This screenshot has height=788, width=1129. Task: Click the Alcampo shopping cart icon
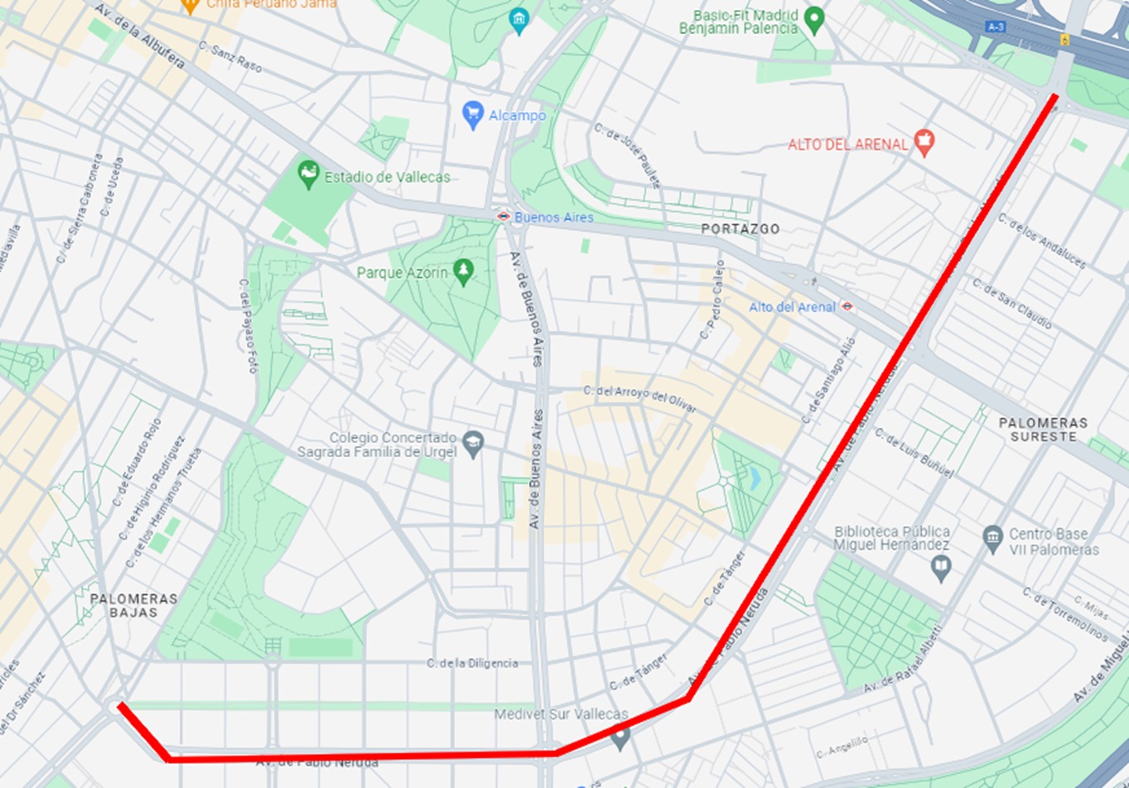click(x=473, y=115)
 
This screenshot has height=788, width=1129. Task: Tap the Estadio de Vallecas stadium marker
click(x=308, y=175)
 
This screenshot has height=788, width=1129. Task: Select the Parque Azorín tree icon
click(x=464, y=271)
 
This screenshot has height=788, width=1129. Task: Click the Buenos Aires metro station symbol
click(x=503, y=217)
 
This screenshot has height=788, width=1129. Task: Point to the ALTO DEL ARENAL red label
click(x=847, y=145)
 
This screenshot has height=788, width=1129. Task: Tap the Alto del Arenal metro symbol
click(x=847, y=306)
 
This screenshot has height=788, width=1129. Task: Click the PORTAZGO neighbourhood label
click(x=740, y=229)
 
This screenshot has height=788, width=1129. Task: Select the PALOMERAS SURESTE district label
click(x=1043, y=429)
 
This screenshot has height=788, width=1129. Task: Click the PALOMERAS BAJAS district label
click(x=133, y=605)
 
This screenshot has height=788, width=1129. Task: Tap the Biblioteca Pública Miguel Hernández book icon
click(x=940, y=568)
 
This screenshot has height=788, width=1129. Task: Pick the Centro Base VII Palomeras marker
click(x=992, y=539)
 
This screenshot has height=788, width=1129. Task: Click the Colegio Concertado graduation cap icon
click(x=473, y=444)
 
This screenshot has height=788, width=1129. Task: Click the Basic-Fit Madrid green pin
click(x=814, y=20)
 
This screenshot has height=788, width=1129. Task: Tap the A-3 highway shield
click(x=995, y=27)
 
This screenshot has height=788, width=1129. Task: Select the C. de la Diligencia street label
click(x=472, y=663)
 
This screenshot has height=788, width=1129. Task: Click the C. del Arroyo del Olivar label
click(x=639, y=399)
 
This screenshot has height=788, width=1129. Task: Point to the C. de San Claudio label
click(x=1012, y=303)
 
